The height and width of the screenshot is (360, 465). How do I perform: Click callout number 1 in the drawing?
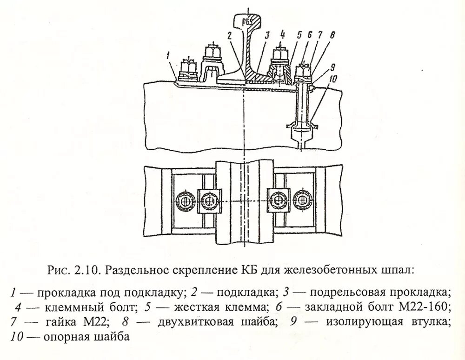173,56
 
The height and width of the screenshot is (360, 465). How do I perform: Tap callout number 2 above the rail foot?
229,35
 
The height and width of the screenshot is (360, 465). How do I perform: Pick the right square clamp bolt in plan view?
278,200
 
